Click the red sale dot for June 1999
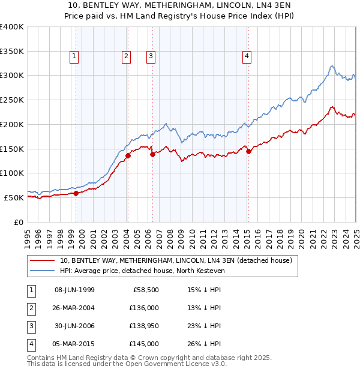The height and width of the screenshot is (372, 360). pos(76,193)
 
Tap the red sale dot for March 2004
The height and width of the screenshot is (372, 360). pos(128,155)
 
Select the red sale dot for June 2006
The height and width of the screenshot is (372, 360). pos(152,154)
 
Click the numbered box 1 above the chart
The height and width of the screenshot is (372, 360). pos(74,56)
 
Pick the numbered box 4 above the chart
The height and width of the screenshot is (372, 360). pos(247,56)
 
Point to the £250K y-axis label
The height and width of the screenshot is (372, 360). pos(12,100)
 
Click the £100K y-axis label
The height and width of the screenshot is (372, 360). pos(12,173)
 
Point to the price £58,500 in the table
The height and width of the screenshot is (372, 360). pos(145,290)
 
